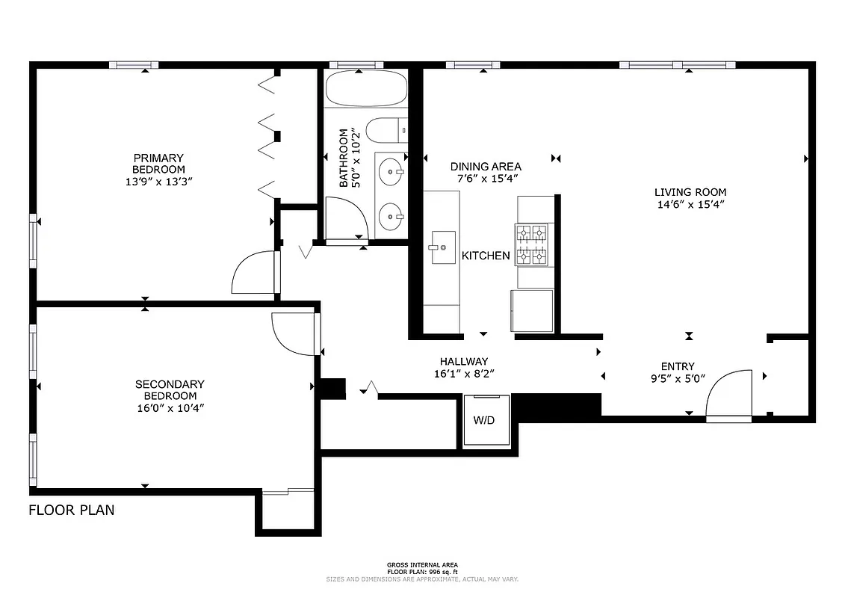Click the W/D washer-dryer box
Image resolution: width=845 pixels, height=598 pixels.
click(x=483, y=419)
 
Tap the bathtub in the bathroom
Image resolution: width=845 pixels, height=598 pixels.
click(x=366, y=89)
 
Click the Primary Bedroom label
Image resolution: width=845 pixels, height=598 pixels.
click(x=158, y=164)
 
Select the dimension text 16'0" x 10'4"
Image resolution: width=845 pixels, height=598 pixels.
click(x=170, y=407)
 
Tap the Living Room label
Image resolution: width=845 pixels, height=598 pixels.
click(x=690, y=192)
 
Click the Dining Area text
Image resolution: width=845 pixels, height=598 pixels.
click(x=486, y=167)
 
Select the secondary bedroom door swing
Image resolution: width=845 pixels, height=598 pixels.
click(x=294, y=333)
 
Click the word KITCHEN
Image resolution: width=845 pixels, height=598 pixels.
click(x=486, y=256)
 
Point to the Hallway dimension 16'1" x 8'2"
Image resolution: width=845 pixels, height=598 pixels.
click(x=463, y=373)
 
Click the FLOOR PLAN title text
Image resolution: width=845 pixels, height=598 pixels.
click(x=72, y=511)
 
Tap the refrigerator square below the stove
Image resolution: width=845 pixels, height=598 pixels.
click(x=532, y=310)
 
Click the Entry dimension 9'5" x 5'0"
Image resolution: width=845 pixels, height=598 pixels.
click(x=678, y=377)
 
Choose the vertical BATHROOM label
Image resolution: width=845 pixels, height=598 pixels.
click(x=344, y=158)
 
